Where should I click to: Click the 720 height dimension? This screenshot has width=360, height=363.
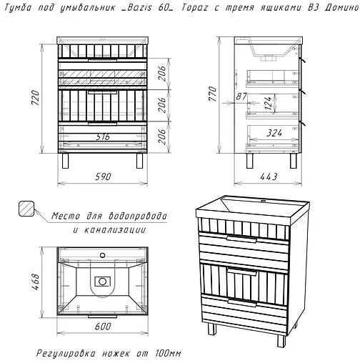point(36,97)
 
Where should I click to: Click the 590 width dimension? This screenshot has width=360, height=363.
point(103,176)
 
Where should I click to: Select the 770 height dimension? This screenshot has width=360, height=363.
point(213,94)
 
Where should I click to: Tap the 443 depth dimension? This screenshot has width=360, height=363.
point(269,176)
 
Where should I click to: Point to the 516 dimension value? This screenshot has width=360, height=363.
point(103,136)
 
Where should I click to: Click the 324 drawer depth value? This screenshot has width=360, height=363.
point(274,133)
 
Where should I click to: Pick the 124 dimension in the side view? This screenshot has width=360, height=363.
point(269,103)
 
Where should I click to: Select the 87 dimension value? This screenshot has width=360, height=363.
point(241,96)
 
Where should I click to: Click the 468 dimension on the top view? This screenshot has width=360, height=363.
point(36,282)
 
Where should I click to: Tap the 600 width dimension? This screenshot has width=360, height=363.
point(103,326)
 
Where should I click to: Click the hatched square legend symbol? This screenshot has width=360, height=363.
point(26,209)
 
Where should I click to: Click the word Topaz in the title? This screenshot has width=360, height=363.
point(196,8)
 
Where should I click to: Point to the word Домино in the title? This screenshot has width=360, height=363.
point(341,8)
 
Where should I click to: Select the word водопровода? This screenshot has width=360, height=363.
point(138,216)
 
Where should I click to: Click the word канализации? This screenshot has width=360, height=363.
point(115,230)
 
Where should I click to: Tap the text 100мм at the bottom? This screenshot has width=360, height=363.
point(168,353)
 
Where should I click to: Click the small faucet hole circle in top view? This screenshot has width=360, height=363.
point(103,255)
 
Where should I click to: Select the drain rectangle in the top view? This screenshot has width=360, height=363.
point(103,282)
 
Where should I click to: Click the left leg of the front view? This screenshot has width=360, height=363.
point(65,161)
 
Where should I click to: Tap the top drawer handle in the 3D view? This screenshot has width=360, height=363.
point(241,239)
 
